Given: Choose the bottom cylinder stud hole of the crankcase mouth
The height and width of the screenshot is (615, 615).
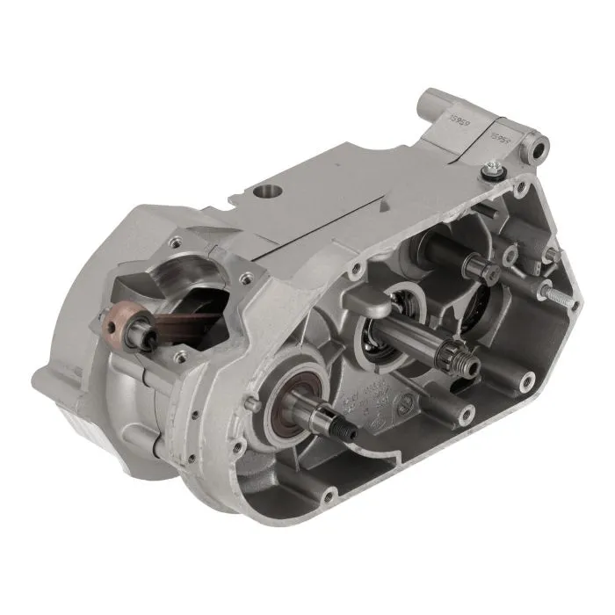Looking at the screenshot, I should pyautogui.click(x=181, y=356).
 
